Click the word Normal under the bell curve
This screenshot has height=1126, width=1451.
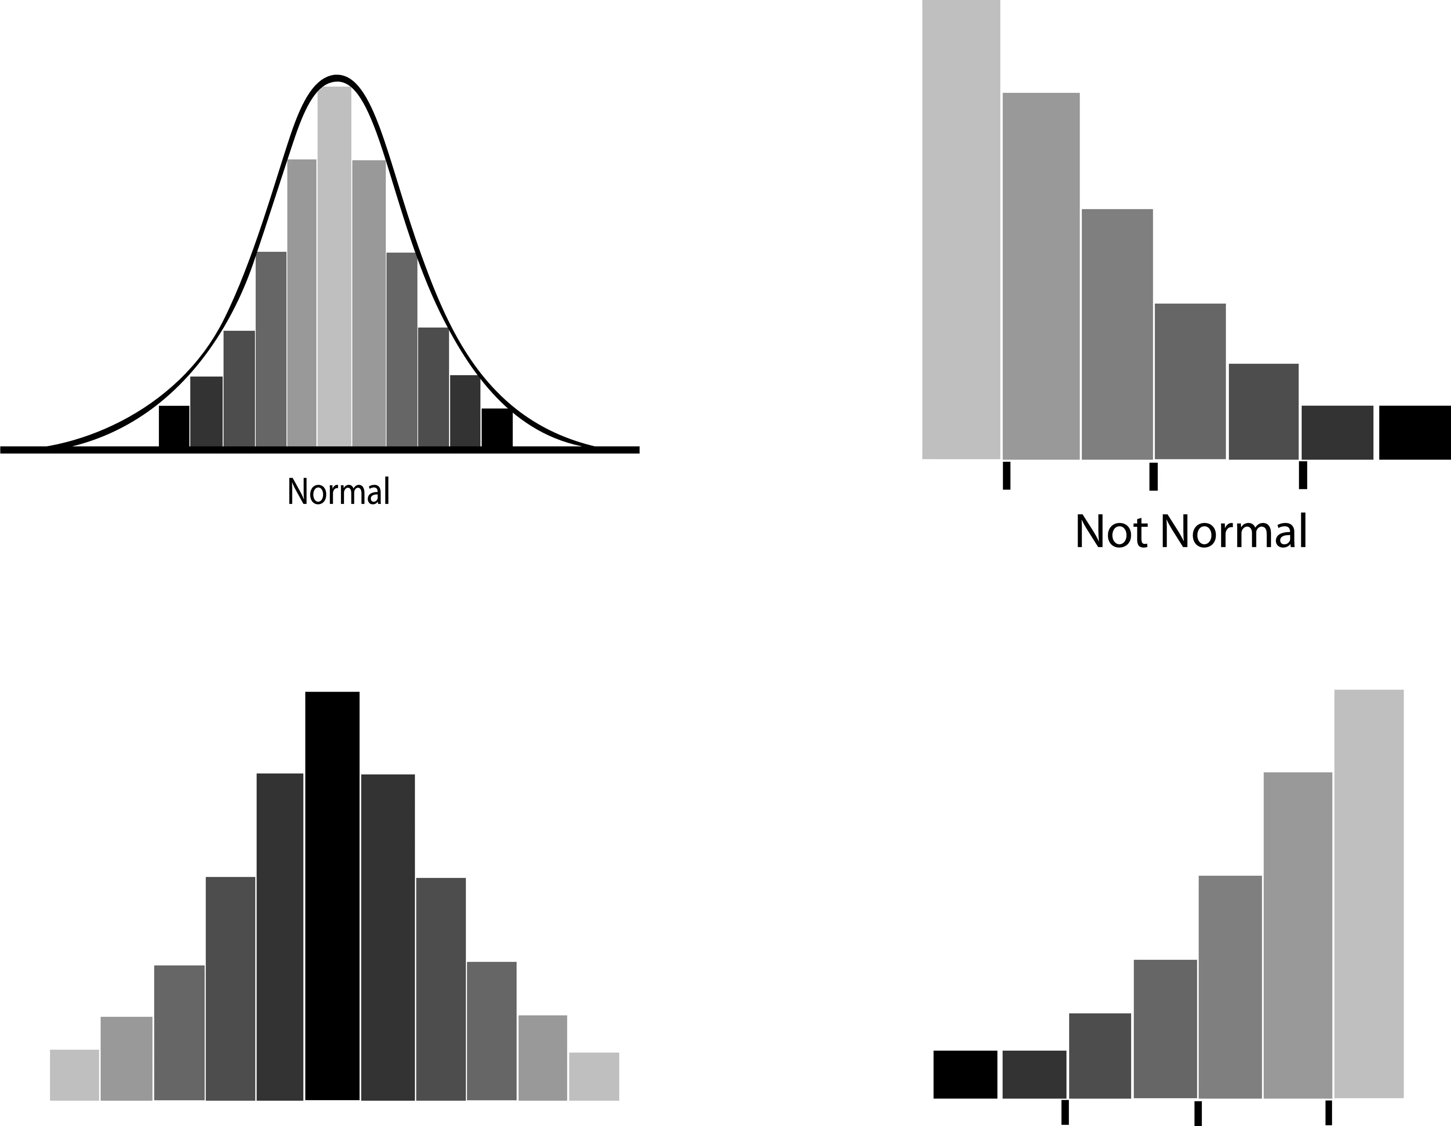coord(338,492)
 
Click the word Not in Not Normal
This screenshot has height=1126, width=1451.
coord(1112,532)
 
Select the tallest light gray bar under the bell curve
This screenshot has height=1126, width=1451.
coord(334,266)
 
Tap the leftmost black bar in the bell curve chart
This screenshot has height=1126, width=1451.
coord(174,426)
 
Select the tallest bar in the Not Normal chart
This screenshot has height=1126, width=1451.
coord(961,229)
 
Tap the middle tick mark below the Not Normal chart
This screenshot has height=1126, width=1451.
coord(1153,476)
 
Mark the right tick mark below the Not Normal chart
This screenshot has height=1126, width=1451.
coord(1303,475)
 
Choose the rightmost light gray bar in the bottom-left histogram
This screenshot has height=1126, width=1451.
coord(594,1076)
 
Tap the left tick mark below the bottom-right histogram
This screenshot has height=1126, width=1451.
coord(1065,1112)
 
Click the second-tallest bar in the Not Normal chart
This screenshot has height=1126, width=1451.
coord(1041,276)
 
